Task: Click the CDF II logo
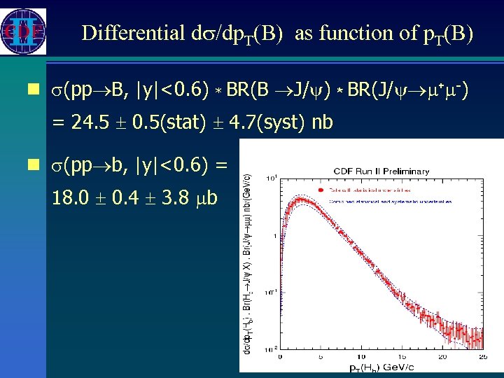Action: tap(24, 31)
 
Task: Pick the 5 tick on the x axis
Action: tap(322, 358)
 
